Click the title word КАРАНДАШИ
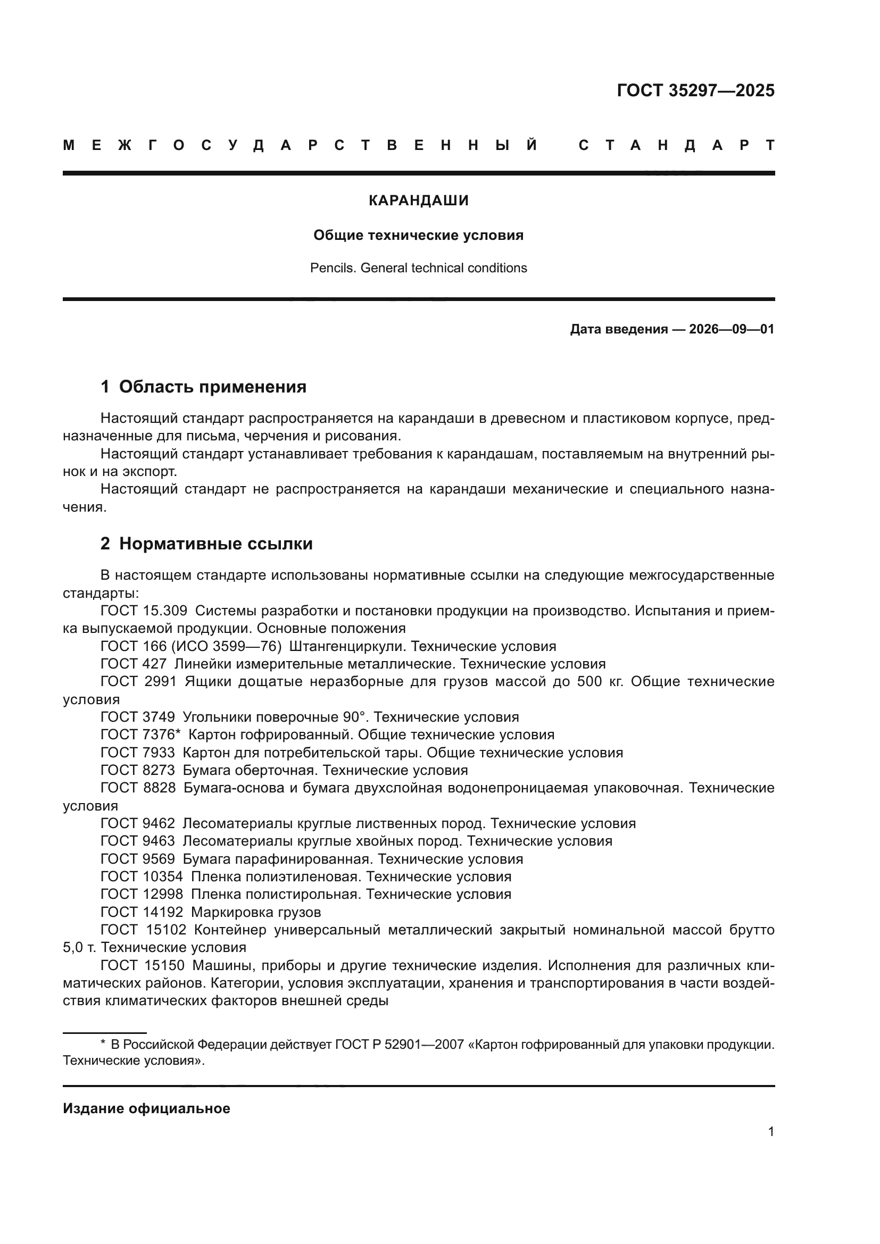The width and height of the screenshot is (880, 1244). [x=418, y=201]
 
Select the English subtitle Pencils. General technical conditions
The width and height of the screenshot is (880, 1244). [x=418, y=268]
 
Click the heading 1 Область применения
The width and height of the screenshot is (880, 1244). [x=203, y=387]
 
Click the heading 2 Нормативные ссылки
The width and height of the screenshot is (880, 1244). [x=206, y=544]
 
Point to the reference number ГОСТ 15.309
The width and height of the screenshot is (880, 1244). [x=144, y=611]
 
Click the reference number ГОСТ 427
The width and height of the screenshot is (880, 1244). [x=134, y=664]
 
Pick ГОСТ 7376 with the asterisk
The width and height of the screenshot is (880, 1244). [x=140, y=734]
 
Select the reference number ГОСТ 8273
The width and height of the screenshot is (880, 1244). [x=138, y=770]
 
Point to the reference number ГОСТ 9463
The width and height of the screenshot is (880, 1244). [x=138, y=841]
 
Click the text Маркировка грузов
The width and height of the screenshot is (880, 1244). [x=256, y=912]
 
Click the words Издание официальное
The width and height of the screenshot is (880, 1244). [x=146, y=1108]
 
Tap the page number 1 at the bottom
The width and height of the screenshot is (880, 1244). [x=770, y=1131]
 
